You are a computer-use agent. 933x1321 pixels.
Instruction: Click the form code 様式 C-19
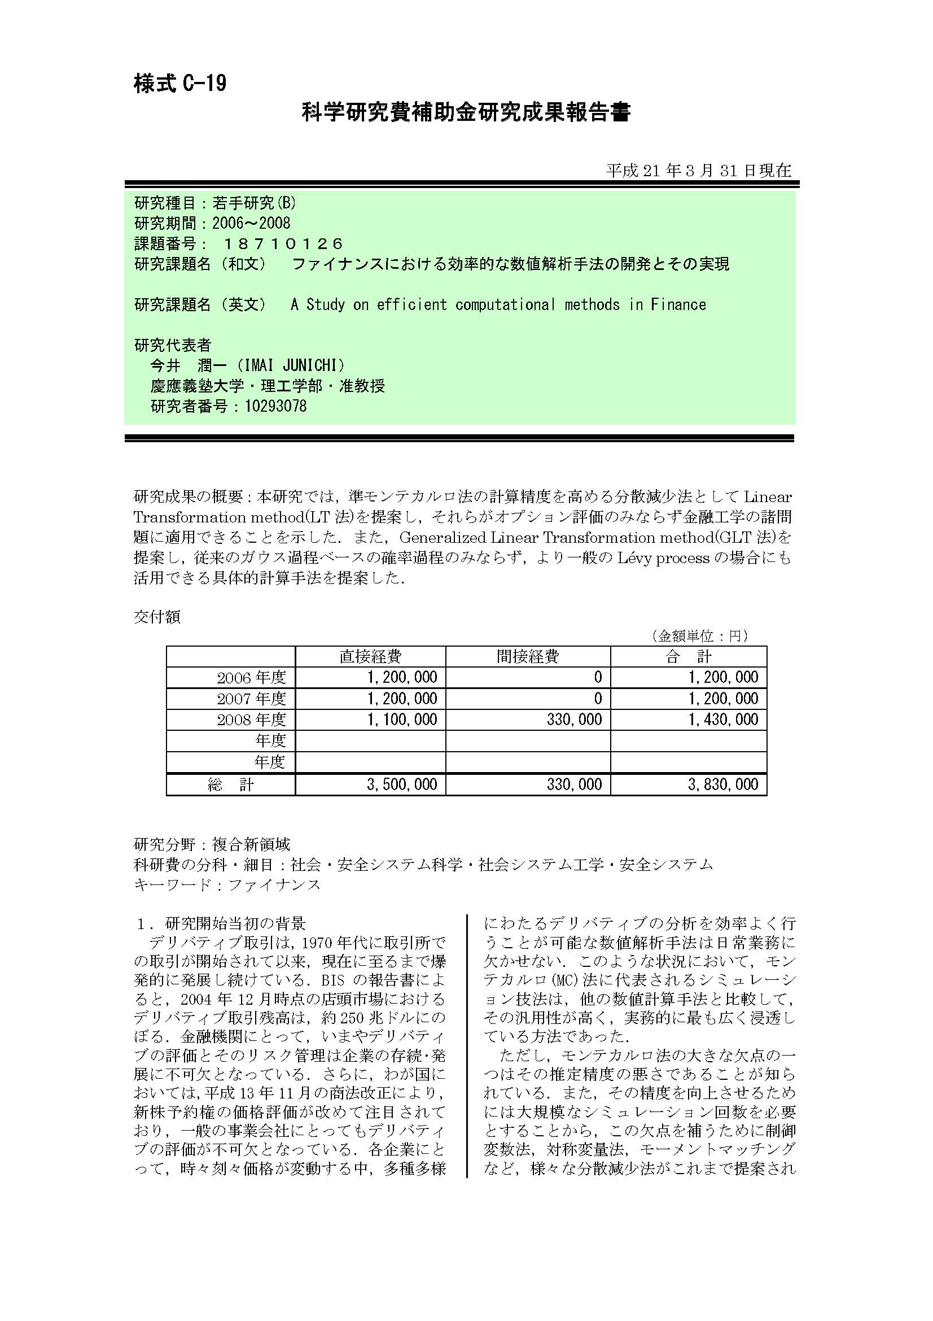[x=180, y=84]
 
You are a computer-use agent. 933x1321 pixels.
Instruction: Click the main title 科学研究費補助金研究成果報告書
[x=466, y=112]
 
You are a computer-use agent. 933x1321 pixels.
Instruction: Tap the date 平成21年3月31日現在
[x=698, y=171]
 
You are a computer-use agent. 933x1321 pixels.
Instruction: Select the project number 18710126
[x=283, y=244]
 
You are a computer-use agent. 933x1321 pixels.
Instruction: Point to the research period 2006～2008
[x=251, y=223]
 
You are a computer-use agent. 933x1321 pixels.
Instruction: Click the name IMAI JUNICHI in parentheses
[x=290, y=365]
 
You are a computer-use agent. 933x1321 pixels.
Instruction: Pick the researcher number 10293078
[x=275, y=406]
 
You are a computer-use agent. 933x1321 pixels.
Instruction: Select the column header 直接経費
[x=370, y=656]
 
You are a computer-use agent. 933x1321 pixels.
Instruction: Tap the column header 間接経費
[x=528, y=656]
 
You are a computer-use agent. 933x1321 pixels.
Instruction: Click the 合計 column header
[x=688, y=656]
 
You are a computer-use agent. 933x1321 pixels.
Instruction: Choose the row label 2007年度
[x=251, y=699]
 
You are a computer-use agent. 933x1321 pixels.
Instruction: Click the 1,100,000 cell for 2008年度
[x=402, y=719]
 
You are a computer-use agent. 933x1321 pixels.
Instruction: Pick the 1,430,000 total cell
[x=723, y=719]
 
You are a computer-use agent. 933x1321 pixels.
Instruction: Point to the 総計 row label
[x=230, y=785]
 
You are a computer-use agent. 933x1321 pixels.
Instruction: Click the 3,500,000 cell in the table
[x=402, y=784]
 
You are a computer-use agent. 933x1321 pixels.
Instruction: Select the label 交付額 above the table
[x=157, y=617]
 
